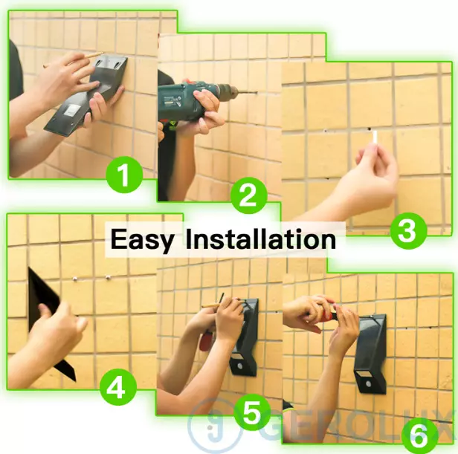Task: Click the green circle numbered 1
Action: (124, 175)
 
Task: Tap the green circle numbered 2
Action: (249, 195)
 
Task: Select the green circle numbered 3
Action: (408, 231)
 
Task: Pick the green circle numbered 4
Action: (117, 387)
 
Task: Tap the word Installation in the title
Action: (261, 239)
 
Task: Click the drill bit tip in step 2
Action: (257, 94)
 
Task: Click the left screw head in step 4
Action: (75, 279)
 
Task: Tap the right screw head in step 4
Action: (108, 276)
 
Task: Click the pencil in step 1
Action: (73, 60)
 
